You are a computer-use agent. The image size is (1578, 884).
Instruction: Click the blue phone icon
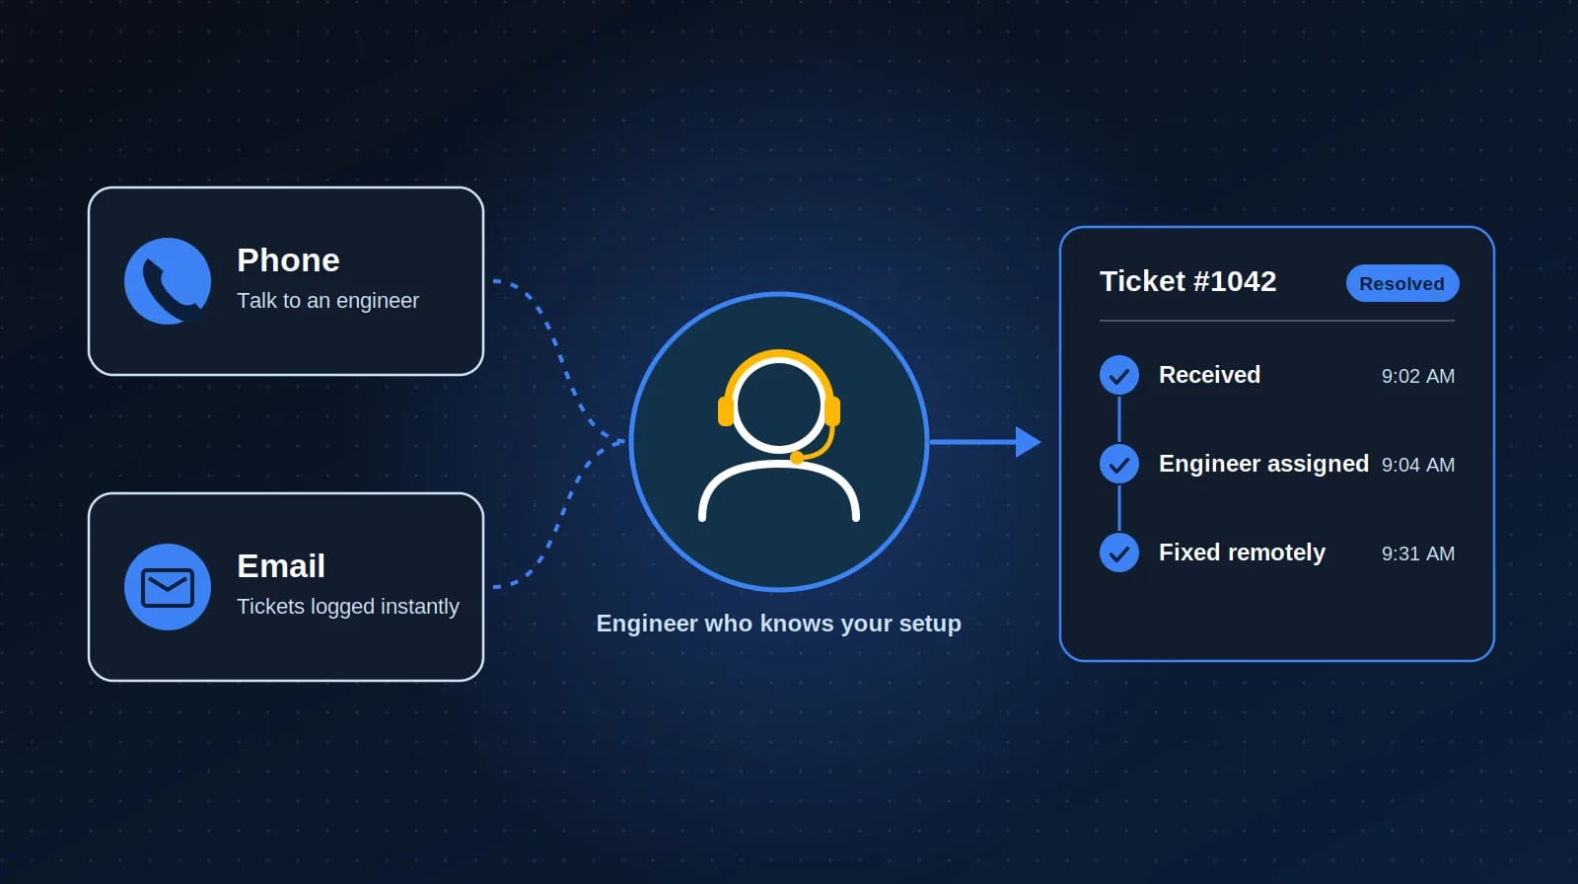(x=168, y=280)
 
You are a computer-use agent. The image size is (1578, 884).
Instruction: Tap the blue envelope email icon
(x=168, y=586)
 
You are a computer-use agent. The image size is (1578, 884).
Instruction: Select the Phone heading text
(x=288, y=260)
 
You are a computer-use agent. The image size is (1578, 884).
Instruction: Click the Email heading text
(x=281, y=566)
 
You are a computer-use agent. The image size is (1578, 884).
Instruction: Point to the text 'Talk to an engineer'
(x=327, y=301)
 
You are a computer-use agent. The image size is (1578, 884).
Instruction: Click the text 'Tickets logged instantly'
(x=348, y=606)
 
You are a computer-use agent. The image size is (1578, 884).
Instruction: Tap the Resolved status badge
(x=1402, y=283)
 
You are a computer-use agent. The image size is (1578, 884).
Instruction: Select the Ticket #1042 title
(x=1187, y=281)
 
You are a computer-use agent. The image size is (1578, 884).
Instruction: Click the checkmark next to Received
(x=1119, y=375)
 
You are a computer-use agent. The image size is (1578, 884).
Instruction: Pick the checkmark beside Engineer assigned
(x=1119, y=464)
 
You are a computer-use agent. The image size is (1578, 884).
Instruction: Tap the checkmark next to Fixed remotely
(x=1119, y=552)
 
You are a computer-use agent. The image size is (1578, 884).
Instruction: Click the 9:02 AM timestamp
(x=1418, y=377)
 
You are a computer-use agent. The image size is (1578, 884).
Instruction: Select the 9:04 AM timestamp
(x=1418, y=466)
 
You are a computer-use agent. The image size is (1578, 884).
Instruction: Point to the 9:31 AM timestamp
(x=1418, y=554)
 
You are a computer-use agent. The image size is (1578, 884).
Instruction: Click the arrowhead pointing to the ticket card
(x=1028, y=442)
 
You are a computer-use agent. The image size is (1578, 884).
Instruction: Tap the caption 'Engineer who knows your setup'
(x=778, y=624)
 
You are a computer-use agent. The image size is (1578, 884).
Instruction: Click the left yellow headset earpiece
(x=726, y=411)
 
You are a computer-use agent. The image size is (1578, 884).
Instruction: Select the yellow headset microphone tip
(x=797, y=458)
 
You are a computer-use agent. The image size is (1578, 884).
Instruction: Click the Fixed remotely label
(x=1242, y=552)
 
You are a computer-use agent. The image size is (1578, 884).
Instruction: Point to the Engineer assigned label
(x=1263, y=464)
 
